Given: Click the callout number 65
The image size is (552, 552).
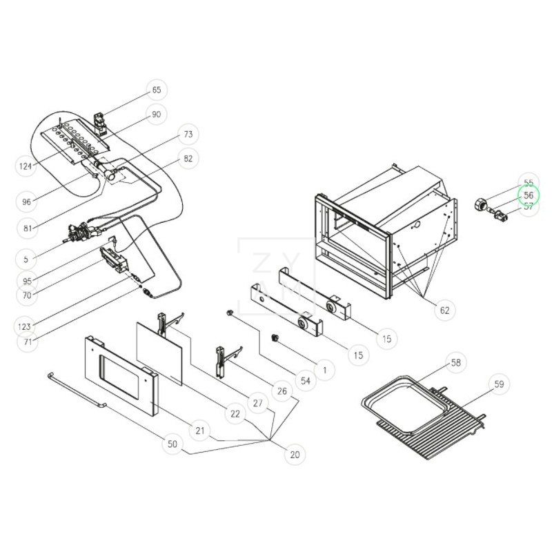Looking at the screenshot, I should coord(157,90).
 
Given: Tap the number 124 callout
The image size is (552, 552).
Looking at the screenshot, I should coord(26,166).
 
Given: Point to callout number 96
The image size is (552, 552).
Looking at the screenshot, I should coord(26,202).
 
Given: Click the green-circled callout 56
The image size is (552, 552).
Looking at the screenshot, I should coord(529,195).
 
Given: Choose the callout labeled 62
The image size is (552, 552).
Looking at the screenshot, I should coord(444,310).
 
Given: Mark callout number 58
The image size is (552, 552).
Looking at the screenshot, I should coord(455,362).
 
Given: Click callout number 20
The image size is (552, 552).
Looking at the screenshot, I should coord(295,455).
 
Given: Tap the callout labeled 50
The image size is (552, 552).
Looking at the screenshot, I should coord(172,445).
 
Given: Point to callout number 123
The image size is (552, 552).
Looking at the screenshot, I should coord(26,326).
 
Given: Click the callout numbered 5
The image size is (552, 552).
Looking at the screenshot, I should coord(26,260).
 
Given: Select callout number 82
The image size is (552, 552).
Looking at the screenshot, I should coord(188,159).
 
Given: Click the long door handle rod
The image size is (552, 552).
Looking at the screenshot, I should coord(76,389).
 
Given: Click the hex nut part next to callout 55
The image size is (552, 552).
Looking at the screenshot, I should coord(478,203).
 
